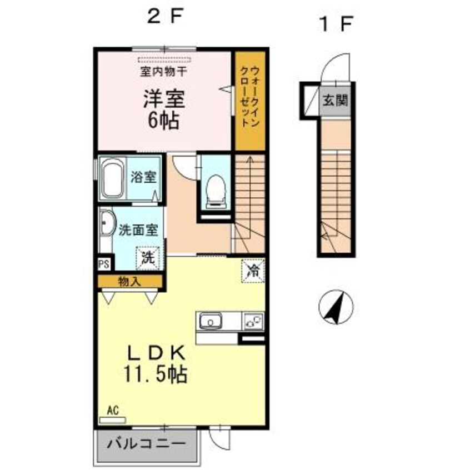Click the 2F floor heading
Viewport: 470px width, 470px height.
[164, 17]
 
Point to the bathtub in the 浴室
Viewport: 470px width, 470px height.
[113, 179]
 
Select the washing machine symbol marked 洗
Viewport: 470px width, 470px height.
[148, 257]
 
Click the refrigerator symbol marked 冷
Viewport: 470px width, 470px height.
[253, 271]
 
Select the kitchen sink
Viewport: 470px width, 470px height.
[211, 321]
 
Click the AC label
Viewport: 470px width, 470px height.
[113, 411]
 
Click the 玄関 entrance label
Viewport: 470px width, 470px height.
[335, 101]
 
